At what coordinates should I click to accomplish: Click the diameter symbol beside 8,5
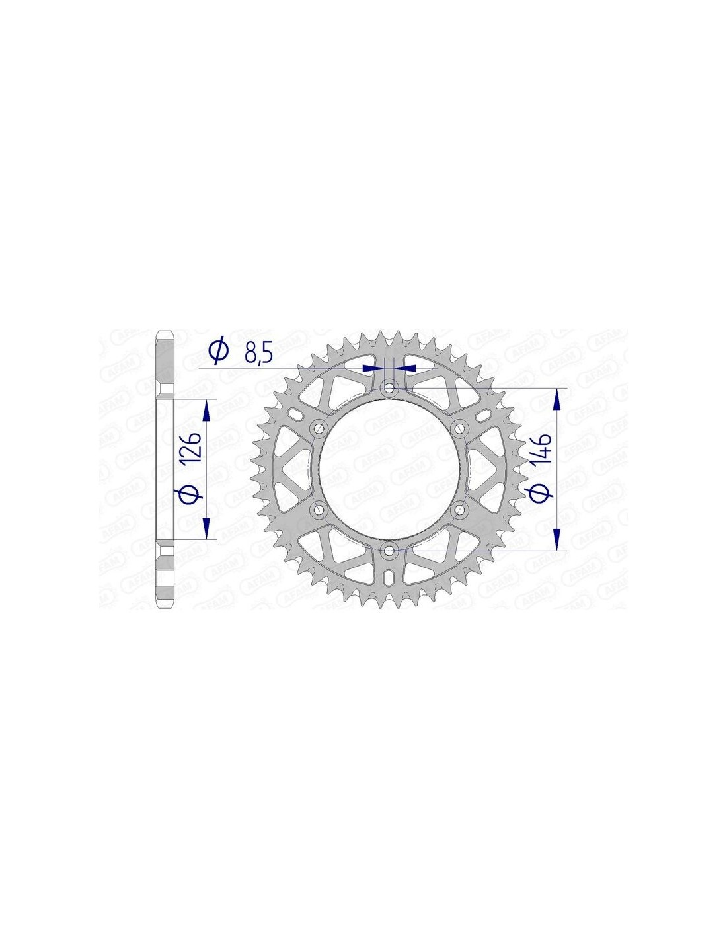click(219, 351)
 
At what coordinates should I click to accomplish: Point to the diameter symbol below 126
click(191, 492)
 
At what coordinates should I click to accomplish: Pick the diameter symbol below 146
click(543, 493)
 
